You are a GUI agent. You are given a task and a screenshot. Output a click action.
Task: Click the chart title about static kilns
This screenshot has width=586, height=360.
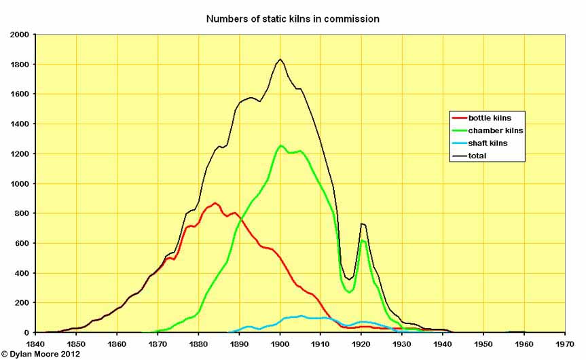[x=293, y=19]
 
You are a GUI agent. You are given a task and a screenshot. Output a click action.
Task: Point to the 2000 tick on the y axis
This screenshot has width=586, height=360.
[x=19, y=34]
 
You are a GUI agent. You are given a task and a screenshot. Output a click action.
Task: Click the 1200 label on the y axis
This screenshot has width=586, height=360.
[x=19, y=154]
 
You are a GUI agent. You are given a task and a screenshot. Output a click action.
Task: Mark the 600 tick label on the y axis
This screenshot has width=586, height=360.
[x=22, y=243]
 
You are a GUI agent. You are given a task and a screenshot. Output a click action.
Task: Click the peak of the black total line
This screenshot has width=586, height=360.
[x=280, y=59]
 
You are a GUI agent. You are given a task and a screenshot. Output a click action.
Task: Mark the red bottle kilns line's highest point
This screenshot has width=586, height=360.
[x=215, y=202]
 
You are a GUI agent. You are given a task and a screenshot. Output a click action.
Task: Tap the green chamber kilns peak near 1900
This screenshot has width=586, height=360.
[x=280, y=145]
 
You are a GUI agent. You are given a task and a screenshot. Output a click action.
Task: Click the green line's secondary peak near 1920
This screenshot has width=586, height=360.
[x=363, y=240]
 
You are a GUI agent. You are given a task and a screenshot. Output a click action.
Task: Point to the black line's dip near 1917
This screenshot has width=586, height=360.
[x=349, y=279]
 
